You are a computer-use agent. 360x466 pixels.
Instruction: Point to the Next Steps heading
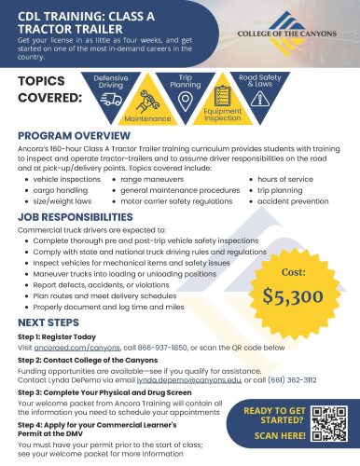pyautogui.click(x=45, y=318)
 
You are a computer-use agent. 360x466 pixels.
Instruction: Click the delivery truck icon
pyautogui.click(x=111, y=98)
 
